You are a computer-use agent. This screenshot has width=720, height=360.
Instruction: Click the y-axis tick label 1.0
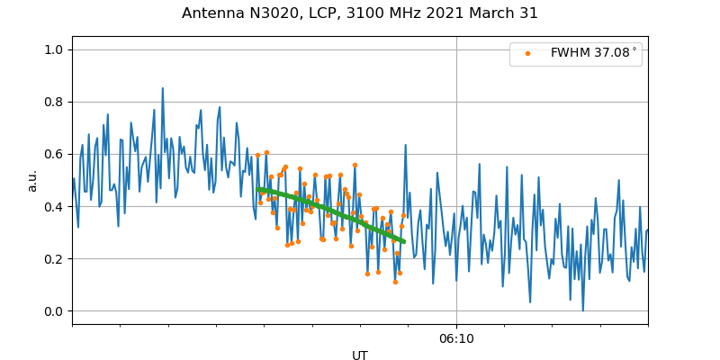point(54,49)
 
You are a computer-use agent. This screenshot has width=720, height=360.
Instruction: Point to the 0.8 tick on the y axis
point(54,102)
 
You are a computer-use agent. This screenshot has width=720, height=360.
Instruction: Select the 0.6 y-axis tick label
point(54,154)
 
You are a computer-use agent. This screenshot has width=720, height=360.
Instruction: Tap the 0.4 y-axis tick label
point(54,207)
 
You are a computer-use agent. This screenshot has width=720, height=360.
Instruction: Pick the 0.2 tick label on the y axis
point(54,259)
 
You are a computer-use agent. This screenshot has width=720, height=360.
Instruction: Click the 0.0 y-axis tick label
point(54,311)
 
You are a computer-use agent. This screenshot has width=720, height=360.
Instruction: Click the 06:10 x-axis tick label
point(456,338)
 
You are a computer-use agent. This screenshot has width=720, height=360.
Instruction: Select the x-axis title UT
point(360,355)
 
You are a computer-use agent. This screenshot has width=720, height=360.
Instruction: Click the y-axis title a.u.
point(32,181)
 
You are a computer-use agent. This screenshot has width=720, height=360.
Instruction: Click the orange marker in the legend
point(527,53)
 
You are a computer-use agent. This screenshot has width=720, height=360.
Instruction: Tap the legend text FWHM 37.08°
point(593,53)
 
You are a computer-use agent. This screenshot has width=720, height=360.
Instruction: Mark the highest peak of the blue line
point(163,88)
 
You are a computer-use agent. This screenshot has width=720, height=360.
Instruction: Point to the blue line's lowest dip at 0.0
point(582,310)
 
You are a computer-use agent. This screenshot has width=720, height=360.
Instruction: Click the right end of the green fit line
point(403,241)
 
